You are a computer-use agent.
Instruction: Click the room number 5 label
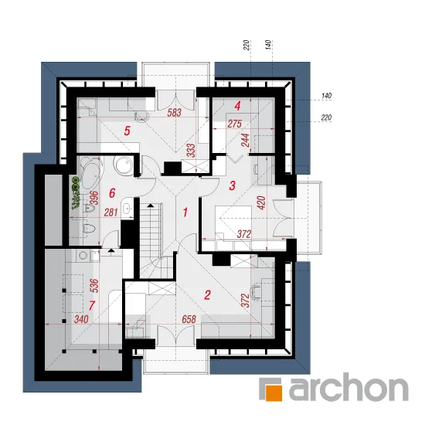[x=127, y=131]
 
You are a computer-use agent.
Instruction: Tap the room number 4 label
[x=237, y=106]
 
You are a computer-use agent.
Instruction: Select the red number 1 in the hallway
[x=185, y=212]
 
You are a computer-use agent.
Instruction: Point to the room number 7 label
[x=92, y=306]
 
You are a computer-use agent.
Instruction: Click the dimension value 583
[x=175, y=113]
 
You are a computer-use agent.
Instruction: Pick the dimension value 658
[x=189, y=319]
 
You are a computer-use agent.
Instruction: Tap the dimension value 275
[x=234, y=124]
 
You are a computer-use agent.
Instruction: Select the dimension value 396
[x=94, y=198]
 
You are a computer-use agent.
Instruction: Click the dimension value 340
[x=81, y=319]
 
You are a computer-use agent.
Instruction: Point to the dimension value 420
[x=262, y=202]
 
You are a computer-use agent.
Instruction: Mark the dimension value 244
[x=246, y=140]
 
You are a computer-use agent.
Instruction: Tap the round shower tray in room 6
[x=124, y=165]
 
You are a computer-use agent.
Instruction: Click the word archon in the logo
[x=348, y=388]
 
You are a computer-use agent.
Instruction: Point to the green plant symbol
[x=76, y=193]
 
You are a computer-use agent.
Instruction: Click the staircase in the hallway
[x=154, y=240]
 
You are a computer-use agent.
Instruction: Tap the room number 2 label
[x=208, y=295]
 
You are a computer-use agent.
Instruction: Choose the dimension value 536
[x=94, y=286]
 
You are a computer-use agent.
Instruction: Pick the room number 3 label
[x=233, y=186]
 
